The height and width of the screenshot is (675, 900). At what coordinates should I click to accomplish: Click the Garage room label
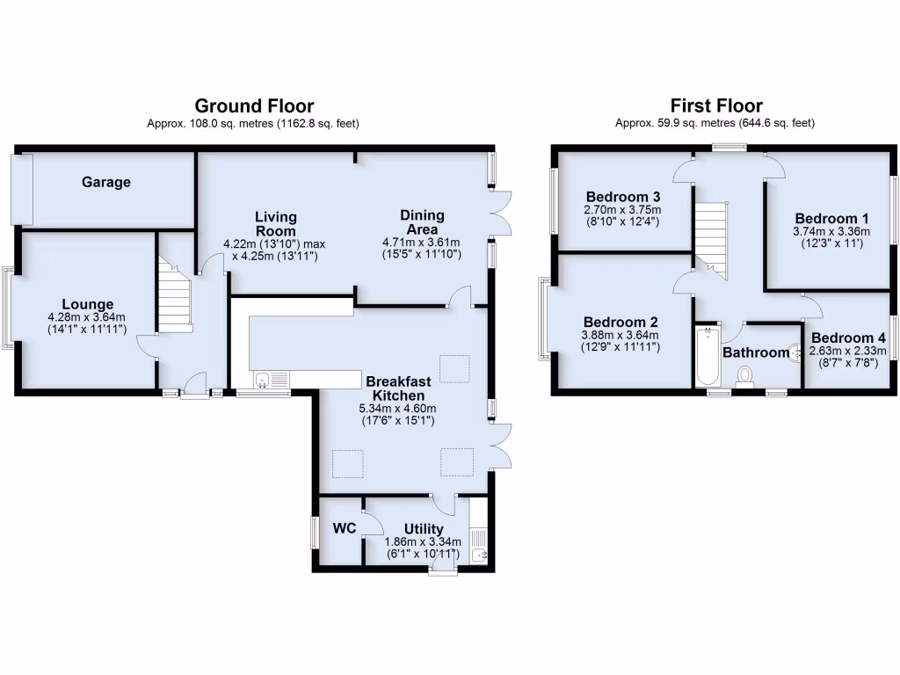tap(106, 183)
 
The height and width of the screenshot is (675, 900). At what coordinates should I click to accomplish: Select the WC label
tap(344, 529)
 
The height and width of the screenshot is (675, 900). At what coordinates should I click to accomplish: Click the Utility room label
tap(424, 529)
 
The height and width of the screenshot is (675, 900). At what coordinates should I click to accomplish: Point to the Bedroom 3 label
tap(624, 196)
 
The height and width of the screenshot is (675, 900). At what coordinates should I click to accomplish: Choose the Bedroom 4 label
tap(848, 338)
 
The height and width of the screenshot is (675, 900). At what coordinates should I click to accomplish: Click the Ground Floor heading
tap(253, 106)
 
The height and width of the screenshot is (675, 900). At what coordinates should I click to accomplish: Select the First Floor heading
tap(715, 106)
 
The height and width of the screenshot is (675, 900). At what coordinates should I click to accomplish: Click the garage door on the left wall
tap(22, 188)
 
